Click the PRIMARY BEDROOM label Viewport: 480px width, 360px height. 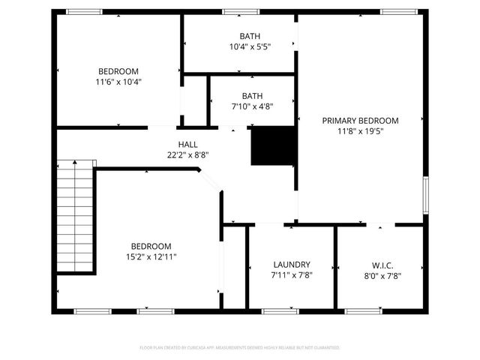coord(360,120)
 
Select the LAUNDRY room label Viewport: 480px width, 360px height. coord(292,265)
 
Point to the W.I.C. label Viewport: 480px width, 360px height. coord(382,265)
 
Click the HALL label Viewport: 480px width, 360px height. coord(187,144)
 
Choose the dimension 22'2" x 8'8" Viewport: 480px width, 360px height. coord(187,154)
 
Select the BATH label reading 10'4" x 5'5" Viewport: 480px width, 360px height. coord(250,36)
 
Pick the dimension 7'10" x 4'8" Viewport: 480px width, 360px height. coord(252,106)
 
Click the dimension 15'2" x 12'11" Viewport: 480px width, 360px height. coord(151,256)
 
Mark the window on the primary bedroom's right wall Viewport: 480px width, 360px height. coord(425,193)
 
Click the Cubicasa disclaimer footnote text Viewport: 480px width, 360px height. coord(240,348)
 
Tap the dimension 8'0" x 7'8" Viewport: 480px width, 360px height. coord(382,275)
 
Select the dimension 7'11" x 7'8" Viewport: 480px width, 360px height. coord(292,275)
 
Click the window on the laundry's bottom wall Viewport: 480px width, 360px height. coord(279,310)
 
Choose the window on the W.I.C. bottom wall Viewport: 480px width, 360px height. coord(361,310)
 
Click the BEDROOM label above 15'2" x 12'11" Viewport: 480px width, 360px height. coord(151,246)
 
